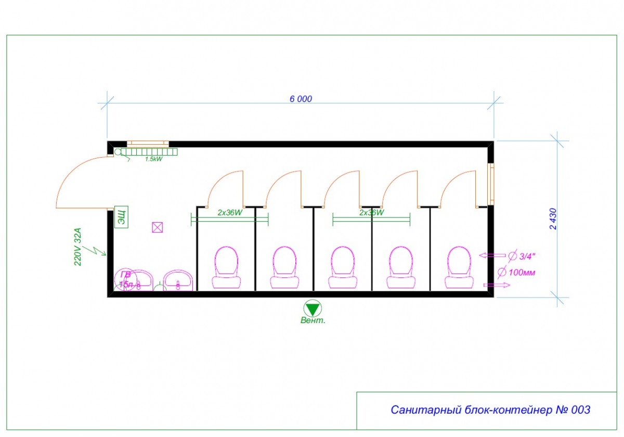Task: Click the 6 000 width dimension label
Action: [301, 99]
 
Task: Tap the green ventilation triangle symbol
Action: [313, 309]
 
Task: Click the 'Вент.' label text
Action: [313, 321]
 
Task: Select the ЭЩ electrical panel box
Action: [121, 216]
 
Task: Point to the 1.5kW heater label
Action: [153, 159]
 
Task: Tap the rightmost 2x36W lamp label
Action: [372, 213]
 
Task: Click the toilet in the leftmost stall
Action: [227, 268]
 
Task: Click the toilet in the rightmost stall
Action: [460, 268]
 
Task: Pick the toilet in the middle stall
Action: [343, 268]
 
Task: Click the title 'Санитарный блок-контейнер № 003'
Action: [490, 410]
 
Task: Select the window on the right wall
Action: [490, 183]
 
